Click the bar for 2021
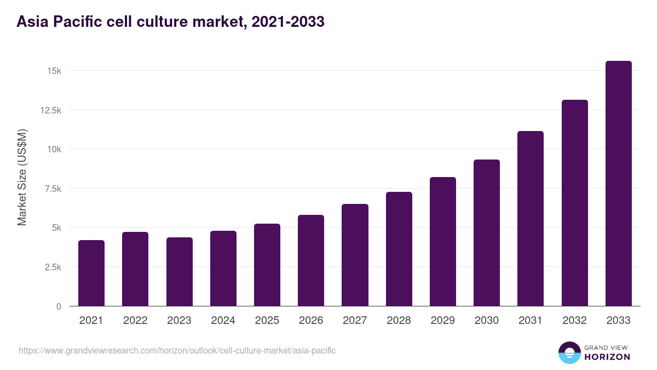[91, 273]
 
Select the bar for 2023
[180, 271]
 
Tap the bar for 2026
[311, 260]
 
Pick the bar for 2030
[487, 233]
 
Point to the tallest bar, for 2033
[619, 184]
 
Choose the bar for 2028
[399, 249]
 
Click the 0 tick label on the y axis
[58, 306]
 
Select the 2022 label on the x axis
[135, 321]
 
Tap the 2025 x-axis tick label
[267, 321]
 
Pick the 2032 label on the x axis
[575, 321]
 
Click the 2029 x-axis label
[443, 321]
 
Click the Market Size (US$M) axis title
[22, 177]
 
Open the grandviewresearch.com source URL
[177, 350]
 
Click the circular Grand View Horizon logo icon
[569, 353]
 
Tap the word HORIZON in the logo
[607, 357]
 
